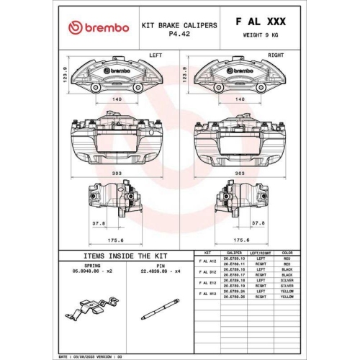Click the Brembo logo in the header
point(99,27)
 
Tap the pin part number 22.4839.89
point(156,271)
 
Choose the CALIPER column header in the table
point(233,253)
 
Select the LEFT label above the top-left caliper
point(155,54)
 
